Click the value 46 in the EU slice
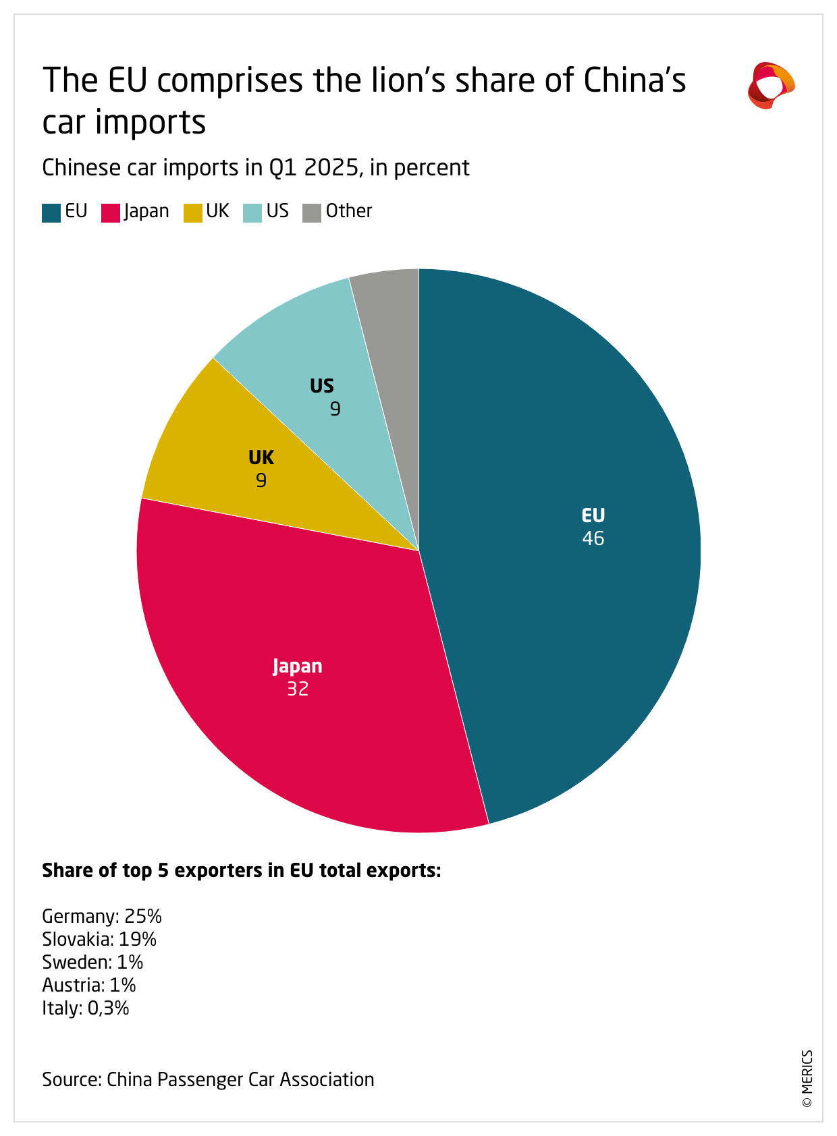pos(593,538)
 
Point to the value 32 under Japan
pos(298,689)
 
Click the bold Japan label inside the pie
pos(298,666)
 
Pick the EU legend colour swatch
pos(51,212)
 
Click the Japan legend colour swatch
pos(111,212)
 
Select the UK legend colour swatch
pos(193,212)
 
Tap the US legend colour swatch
pos(252,212)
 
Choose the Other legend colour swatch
pos(312,212)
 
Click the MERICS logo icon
pos(771,86)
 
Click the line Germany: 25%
pos(102,916)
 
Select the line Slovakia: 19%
pos(99,939)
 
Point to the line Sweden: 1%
pos(92,962)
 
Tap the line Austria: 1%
pos(89,985)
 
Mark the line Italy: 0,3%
pos(86,1008)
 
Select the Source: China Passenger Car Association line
pos(208,1079)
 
